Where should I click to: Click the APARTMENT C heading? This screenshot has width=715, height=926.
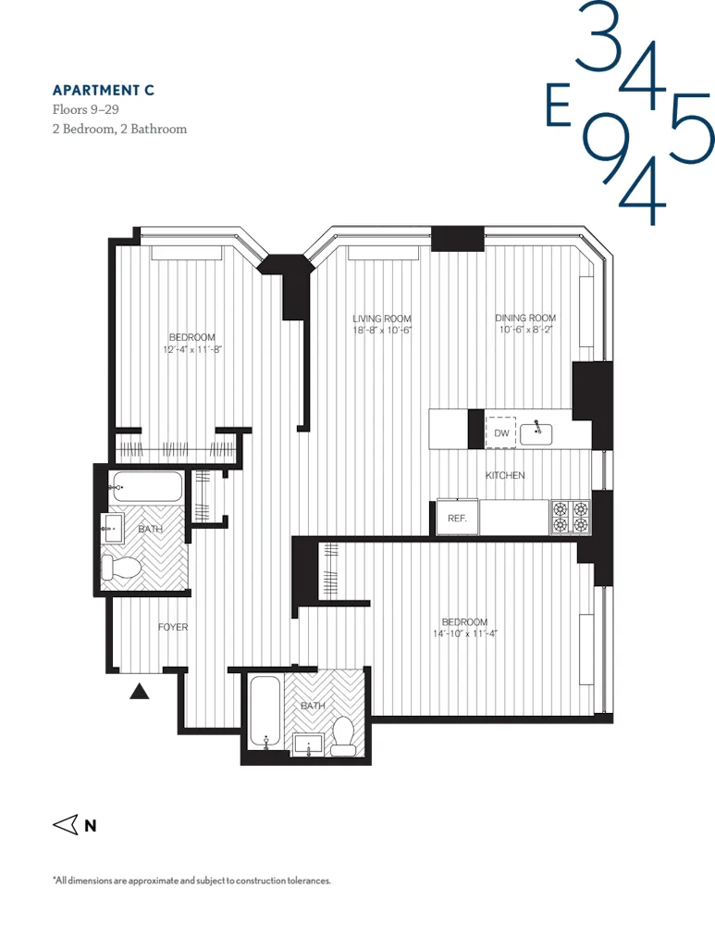click(x=103, y=90)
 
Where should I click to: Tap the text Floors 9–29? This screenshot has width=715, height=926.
click(x=86, y=109)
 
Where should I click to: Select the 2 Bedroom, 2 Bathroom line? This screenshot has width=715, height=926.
click(x=119, y=129)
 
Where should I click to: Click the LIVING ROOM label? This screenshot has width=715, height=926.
click(x=381, y=319)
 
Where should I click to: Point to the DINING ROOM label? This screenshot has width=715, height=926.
click(x=525, y=319)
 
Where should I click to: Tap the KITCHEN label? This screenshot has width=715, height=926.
click(x=505, y=475)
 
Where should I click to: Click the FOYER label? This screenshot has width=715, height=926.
click(x=173, y=627)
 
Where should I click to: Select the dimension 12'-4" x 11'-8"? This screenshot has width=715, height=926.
click(x=192, y=350)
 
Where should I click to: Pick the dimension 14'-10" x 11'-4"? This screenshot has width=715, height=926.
click(x=464, y=634)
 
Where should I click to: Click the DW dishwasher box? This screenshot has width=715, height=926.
click(x=501, y=432)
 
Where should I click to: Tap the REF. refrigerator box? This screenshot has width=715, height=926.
click(x=457, y=519)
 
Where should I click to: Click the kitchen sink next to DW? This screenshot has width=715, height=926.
click(x=537, y=432)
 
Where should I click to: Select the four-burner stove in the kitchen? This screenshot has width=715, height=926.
click(x=570, y=517)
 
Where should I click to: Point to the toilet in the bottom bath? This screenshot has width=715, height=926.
click(x=344, y=733)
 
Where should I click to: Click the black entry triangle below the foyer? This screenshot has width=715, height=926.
click(x=139, y=690)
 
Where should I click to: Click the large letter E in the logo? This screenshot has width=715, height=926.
click(x=557, y=108)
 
